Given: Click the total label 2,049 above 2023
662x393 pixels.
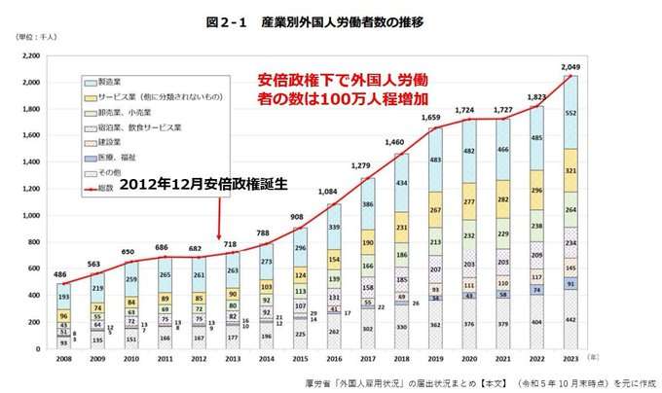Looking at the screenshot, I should coord(571,66).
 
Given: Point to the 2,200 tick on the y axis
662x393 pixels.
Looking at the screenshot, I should coord(33,56).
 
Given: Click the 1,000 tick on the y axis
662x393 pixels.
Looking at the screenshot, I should coord(33,215).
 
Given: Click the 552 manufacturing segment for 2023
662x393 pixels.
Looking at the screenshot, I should coord(571,113).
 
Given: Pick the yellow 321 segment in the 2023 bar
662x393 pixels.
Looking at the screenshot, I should coord(571,170).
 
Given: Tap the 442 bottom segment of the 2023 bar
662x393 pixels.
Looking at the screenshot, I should coord(571,319).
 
